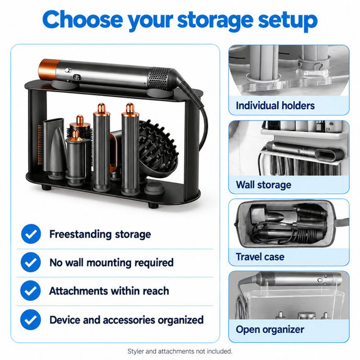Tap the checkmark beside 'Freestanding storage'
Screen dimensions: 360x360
[31, 234]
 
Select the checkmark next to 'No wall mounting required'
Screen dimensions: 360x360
[31, 262]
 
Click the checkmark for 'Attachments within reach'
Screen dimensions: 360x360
[31, 290]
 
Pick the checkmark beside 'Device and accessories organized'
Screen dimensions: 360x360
[31, 320]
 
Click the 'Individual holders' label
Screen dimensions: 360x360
[275, 105]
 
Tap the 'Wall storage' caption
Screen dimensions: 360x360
[263, 185]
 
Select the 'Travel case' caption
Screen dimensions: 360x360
[260, 257]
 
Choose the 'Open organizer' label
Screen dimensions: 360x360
[270, 329]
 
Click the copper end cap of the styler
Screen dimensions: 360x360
[48, 70]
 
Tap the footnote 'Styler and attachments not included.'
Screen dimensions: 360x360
[180, 351]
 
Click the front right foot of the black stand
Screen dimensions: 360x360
[153, 205]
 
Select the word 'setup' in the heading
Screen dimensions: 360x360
[288, 21]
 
